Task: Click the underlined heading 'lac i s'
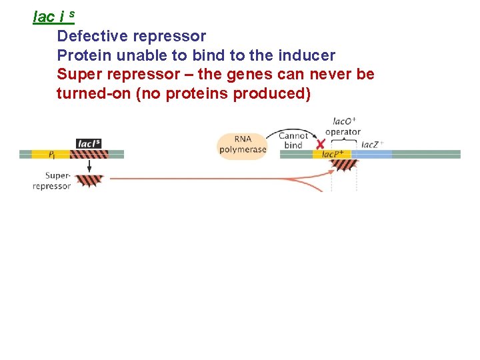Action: pyautogui.click(x=53, y=16)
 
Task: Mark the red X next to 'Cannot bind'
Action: pyautogui.click(x=321, y=144)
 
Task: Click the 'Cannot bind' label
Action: pyautogui.click(x=293, y=141)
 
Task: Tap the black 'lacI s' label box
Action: pyautogui.click(x=89, y=143)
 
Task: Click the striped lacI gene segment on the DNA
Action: pyautogui.click(x=89, y=155)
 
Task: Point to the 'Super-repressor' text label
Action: pyautogui.click(x=52, y=181)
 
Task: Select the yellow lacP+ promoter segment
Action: pyautogui.click(x=331, y=155)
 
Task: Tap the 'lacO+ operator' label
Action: pyautogui.click(x=343, y=127)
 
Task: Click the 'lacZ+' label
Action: pyautogui.click(x=372, y=145)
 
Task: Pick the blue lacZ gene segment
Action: pyautogui.click(x=371, y=155)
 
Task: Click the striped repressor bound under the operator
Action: pyautogui.click(x=344, y=164)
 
